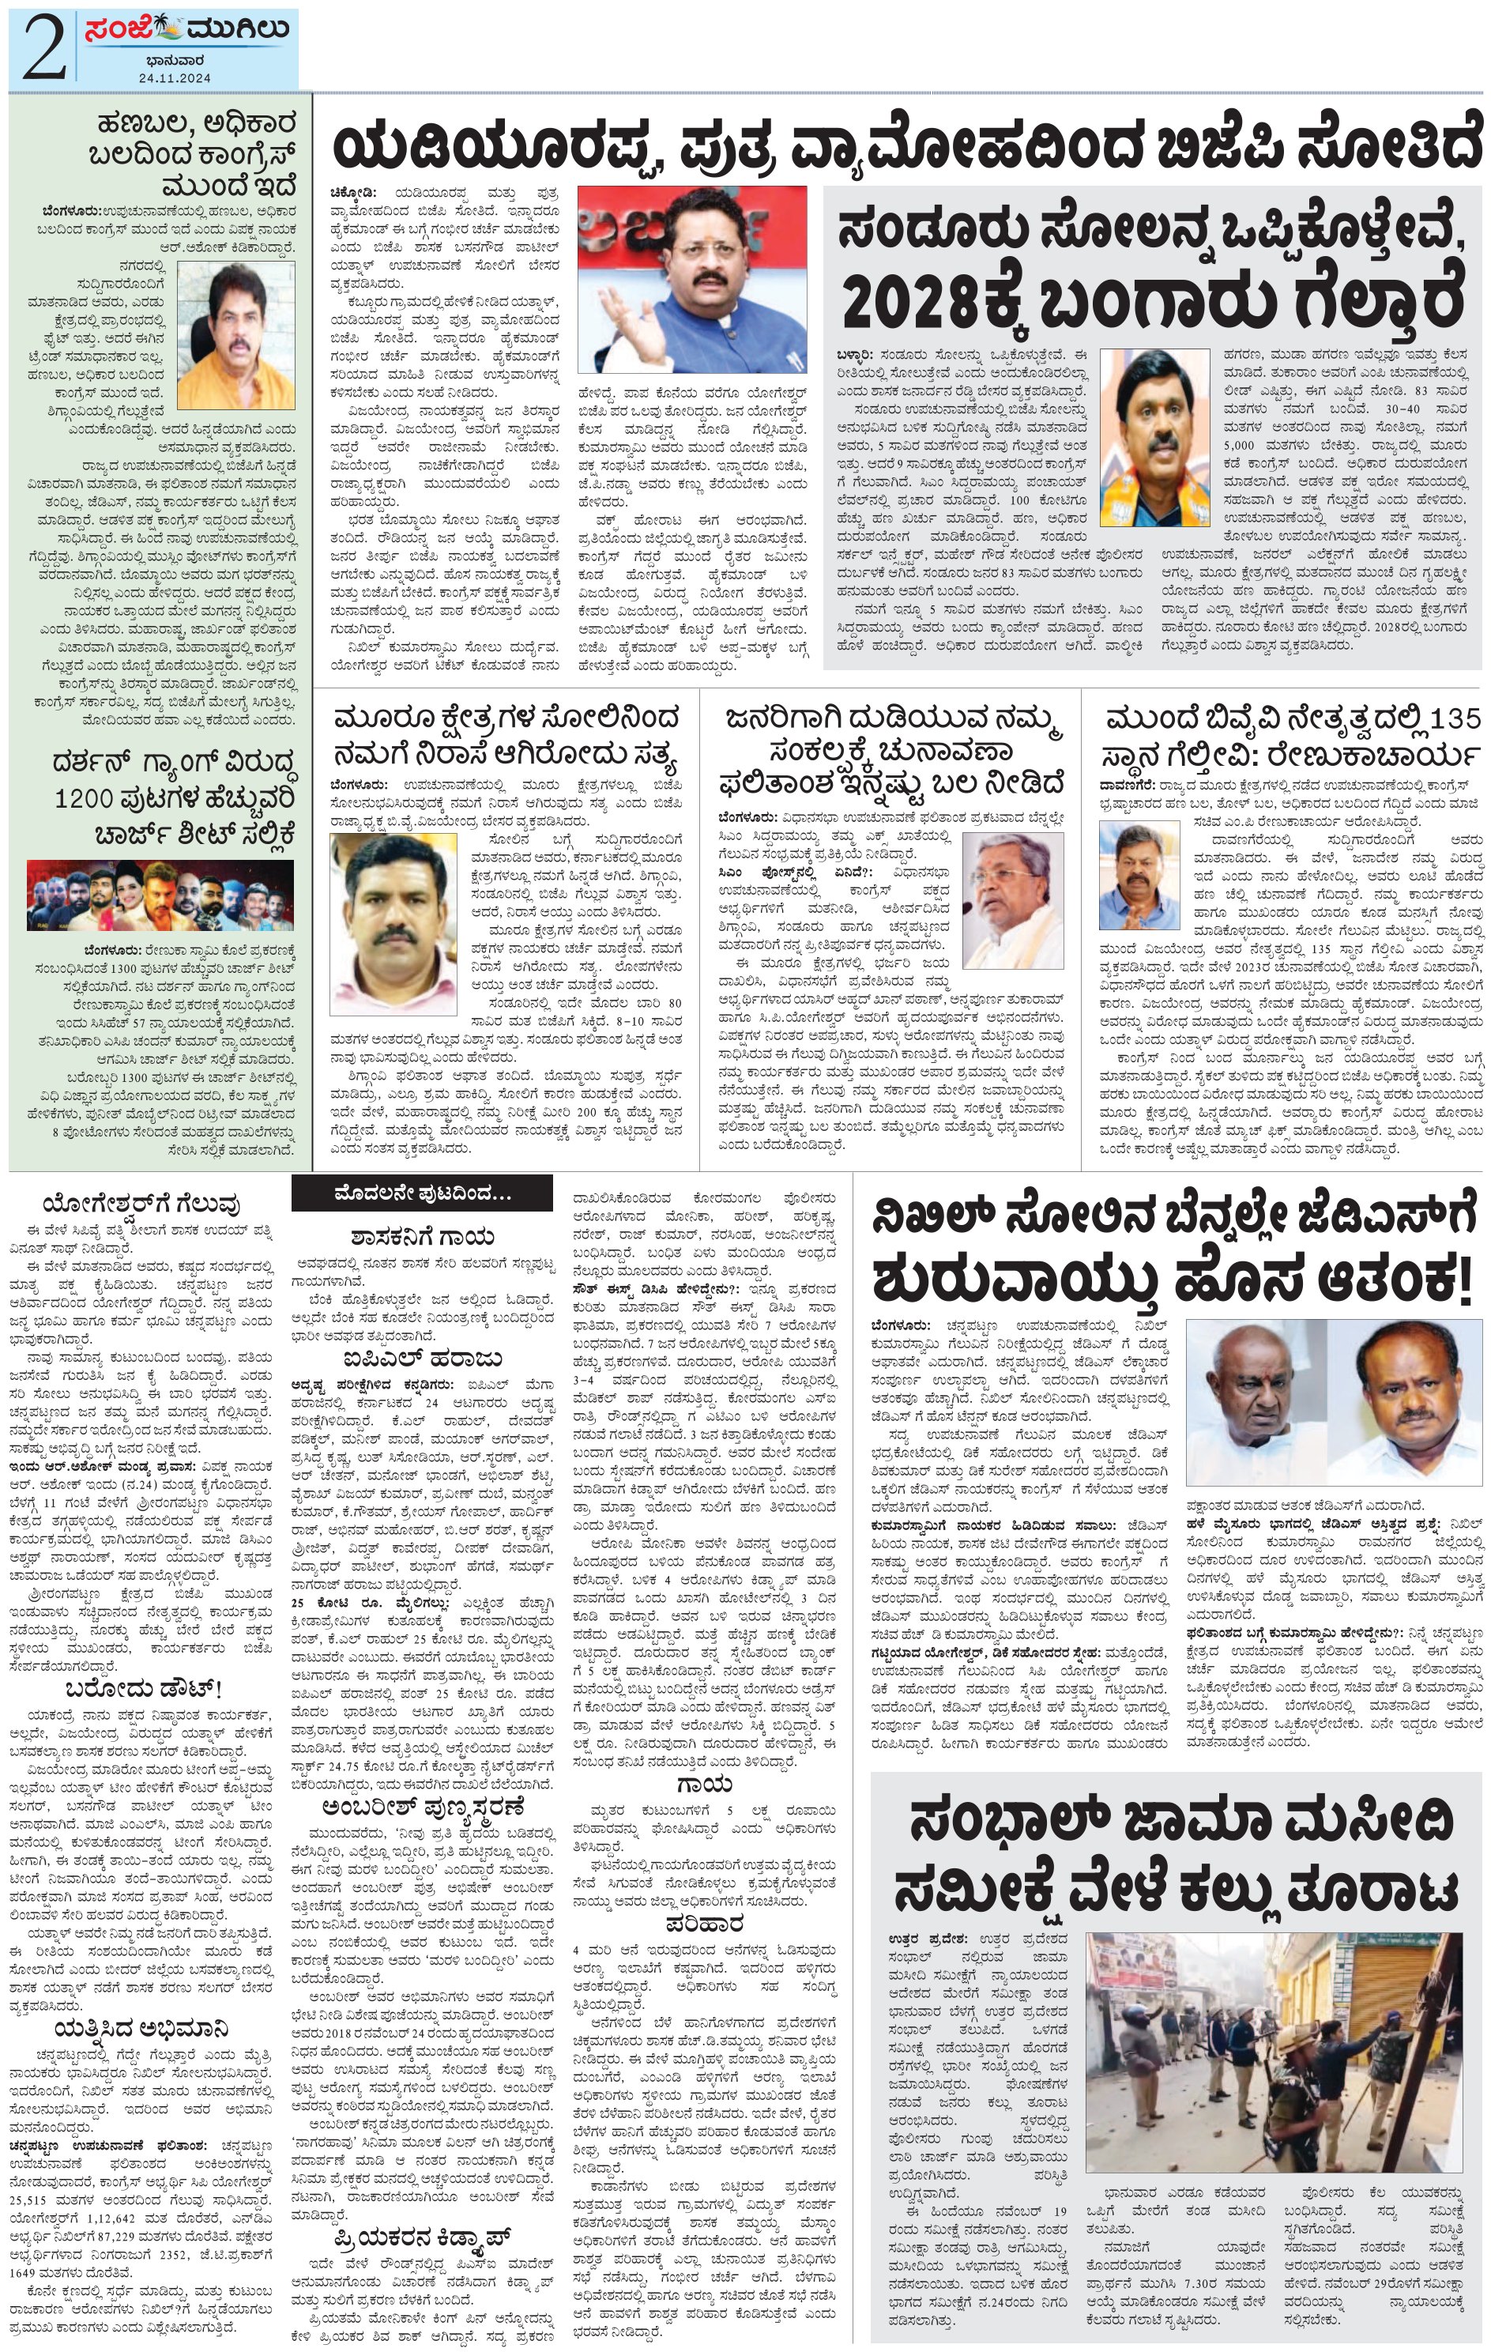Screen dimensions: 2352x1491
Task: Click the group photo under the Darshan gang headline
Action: click(159, 895)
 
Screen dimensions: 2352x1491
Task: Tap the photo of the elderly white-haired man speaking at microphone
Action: click(1012, 903)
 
